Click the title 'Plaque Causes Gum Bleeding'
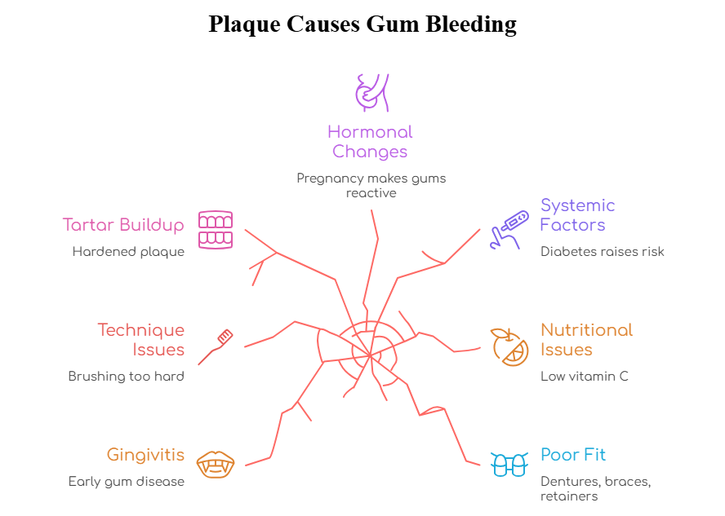362,24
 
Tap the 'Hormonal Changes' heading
370,142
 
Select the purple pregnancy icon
371,91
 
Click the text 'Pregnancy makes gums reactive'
371,185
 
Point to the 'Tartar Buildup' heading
123,224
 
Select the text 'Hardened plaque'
128,252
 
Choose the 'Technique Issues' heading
140,340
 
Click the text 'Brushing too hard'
126,377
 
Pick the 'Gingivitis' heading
145,455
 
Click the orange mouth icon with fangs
216,465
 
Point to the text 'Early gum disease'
126,482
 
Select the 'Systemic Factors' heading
577,215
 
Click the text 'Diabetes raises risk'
602,252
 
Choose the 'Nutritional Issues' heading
586,340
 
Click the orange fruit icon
509,346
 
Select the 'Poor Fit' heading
573,455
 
